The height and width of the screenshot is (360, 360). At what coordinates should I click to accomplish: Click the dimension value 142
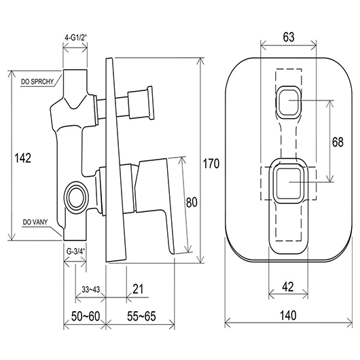coord(22,158)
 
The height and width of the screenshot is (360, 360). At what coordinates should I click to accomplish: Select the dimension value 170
coord(211,164)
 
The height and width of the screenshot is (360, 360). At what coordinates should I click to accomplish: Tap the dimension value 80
coord(192,202)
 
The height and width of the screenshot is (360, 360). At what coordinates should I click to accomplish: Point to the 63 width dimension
coord(289,37)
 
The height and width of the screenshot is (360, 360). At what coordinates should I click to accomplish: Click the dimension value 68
coord(338,142)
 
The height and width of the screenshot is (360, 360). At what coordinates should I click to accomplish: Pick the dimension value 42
coord(288,287)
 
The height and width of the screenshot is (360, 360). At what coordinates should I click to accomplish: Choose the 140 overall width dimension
coord(288,315)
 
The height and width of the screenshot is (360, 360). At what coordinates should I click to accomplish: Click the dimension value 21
coord(138,289)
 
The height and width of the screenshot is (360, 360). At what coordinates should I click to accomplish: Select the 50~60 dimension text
coord(86,316)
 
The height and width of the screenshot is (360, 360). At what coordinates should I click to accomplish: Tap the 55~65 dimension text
coord(141,316)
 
